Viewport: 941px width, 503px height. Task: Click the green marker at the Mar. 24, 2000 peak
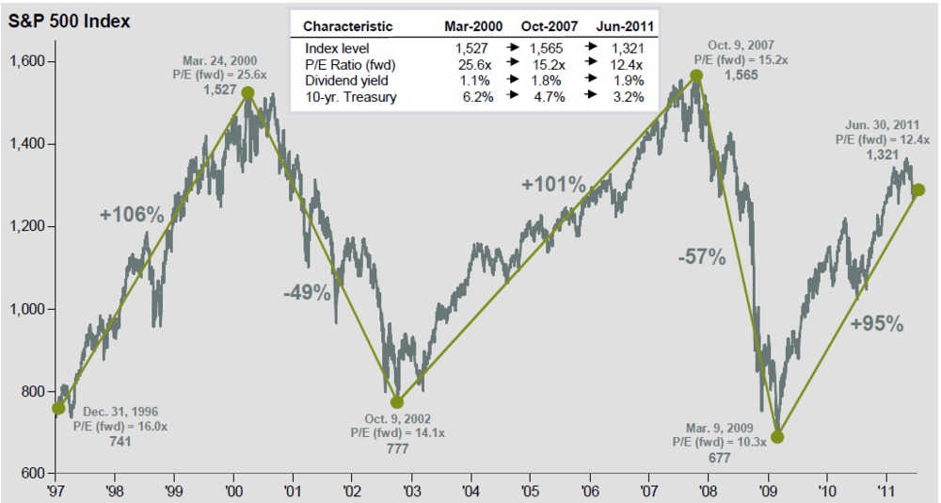(x=247, y=92)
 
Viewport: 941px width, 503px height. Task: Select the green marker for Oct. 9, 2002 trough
(x=397, y=402)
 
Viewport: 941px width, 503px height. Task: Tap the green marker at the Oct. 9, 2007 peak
(x=696, y=75)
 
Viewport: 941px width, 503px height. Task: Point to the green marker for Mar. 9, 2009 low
(x=777, y=436)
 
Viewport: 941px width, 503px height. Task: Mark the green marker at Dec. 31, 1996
(x=59, y=408)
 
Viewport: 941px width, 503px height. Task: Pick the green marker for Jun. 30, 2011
(x=918, y=190)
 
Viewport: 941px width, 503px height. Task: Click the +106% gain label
(x=132, y=215)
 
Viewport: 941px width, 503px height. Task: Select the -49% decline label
(x=307, y=293)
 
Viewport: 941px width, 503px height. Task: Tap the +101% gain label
(x=554, y=185)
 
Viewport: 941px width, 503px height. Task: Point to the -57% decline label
(x=702, y=256)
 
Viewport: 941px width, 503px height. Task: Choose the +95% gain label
(x=876, y=324)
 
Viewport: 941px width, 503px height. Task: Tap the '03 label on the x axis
(x=410, y=491)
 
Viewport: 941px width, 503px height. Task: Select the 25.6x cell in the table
(x=473, y=63)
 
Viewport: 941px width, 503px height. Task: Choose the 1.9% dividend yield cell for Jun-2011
(x=628, y=80)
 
